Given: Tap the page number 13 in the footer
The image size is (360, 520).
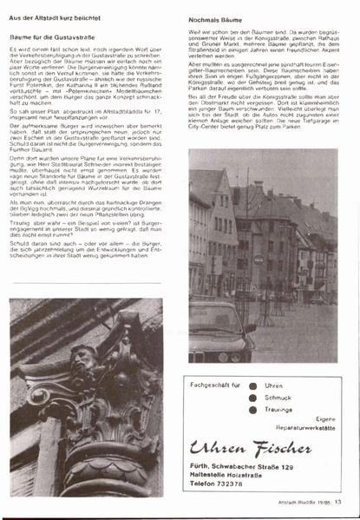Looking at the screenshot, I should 338,501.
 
